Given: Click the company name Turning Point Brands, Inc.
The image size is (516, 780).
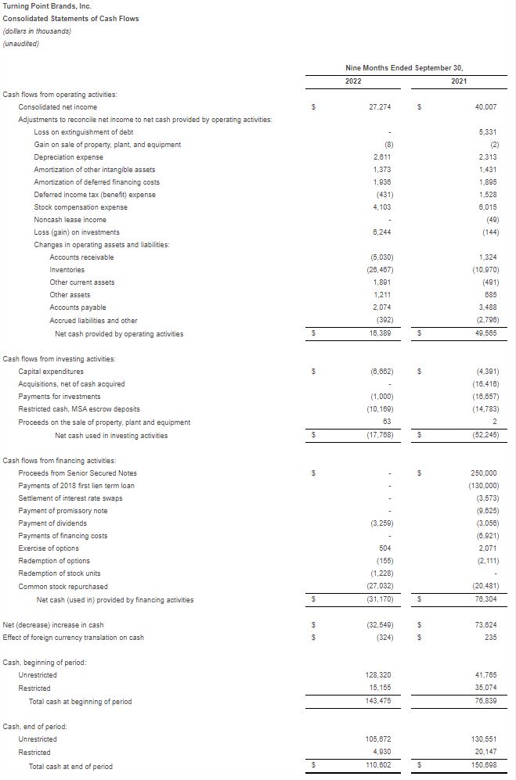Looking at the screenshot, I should click(x=47, y=6).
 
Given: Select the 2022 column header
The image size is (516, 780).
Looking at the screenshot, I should click(x=353, y=81).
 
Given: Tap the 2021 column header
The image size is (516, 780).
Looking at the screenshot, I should click(x=460, y=81).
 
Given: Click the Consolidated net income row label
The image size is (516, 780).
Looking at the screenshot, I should click(x=58, y=107).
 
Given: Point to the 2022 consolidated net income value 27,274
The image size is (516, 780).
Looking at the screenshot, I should click(x=380, y=107).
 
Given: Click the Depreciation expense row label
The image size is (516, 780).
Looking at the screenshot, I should click(x=69, y=157).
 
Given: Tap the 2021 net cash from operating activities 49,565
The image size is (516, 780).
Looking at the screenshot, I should click(x=485, y=334).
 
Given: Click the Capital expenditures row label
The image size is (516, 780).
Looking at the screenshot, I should click(x=51, y=372).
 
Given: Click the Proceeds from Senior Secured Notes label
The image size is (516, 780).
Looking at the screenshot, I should click(x=78, y=473).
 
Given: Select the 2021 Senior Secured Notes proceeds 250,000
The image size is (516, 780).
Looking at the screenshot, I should click(x=484, y=473).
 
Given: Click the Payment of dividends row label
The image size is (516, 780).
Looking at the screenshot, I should click(x=52, y=523).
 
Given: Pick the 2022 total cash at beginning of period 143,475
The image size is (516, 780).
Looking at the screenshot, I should click(x=378, y=702).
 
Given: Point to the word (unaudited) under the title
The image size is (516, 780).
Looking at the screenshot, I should click(x=21, y=44).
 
